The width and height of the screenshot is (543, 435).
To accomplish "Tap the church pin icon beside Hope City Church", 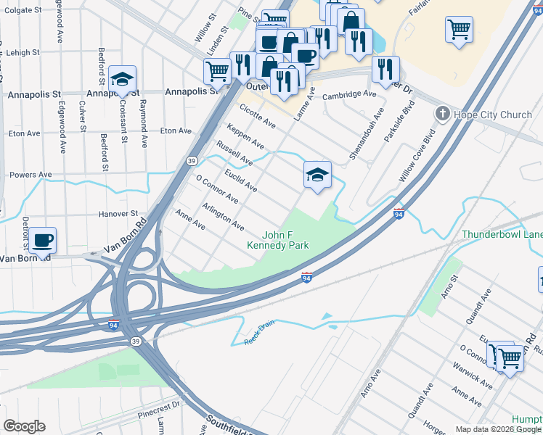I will click(x=441, y=114).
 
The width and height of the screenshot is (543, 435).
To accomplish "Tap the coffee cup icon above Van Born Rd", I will click(x=43, y=240).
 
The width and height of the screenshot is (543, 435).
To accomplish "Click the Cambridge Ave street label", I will click(x=349, y=94).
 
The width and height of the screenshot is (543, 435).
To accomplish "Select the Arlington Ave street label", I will click(x=223, y=217).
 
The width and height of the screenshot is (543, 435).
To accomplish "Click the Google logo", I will click(x=24, y=426).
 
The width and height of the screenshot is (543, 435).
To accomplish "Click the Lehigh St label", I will click(x=23, y=53).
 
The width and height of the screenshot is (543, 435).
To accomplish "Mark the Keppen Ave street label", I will click(x=245, y=136).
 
